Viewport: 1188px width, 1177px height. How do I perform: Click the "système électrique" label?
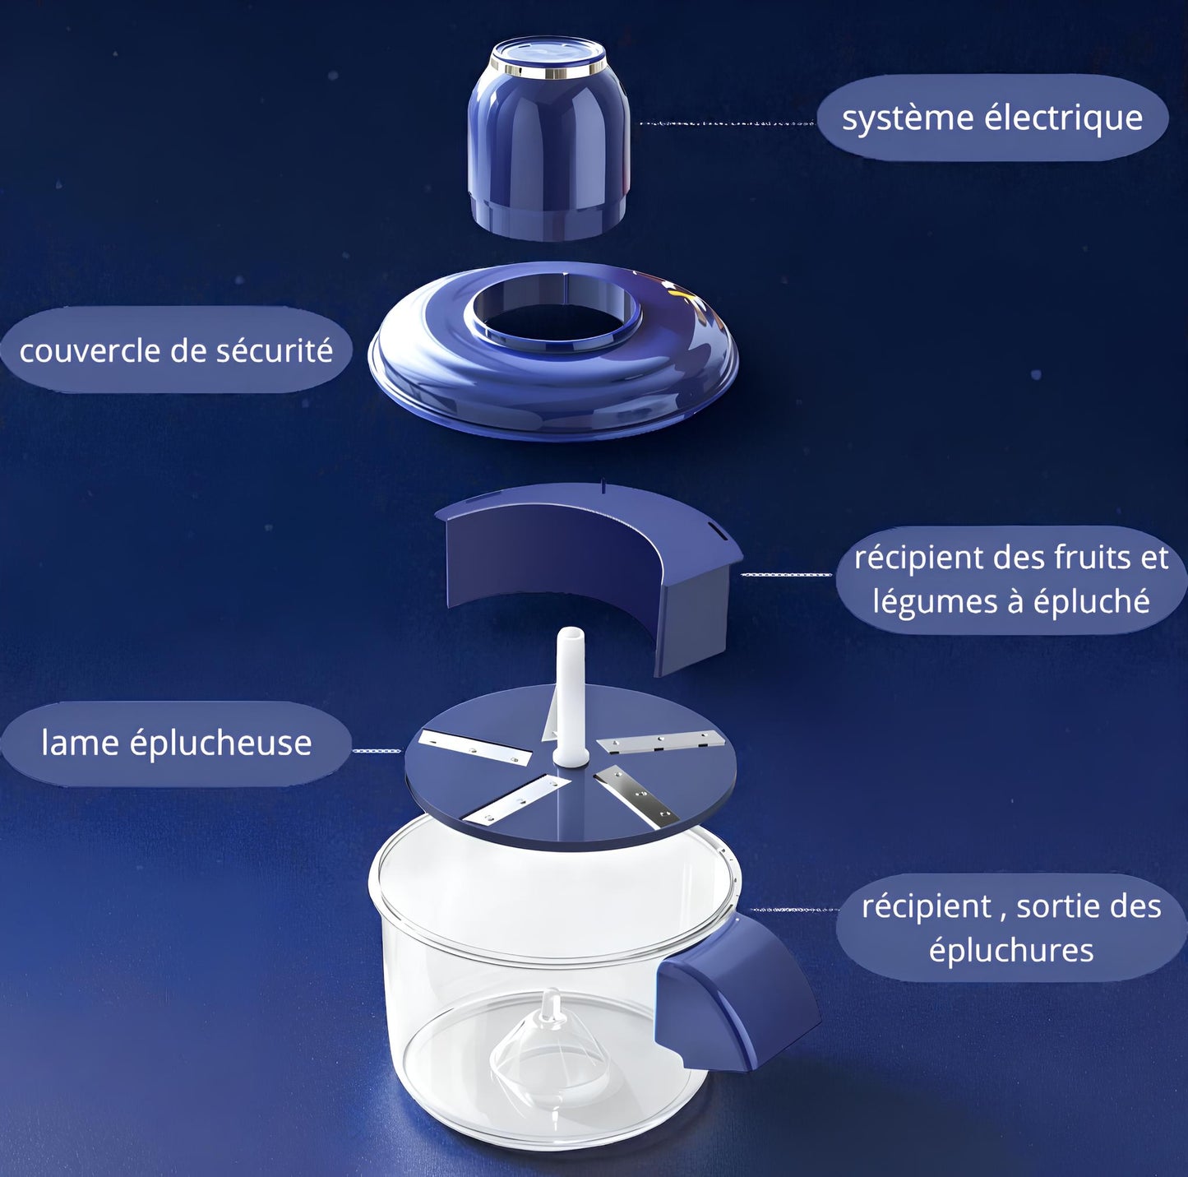(x=992, y=118)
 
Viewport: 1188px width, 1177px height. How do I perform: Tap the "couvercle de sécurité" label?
(x=176, y=350)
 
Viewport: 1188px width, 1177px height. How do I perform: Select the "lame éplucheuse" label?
(x=176, y=743)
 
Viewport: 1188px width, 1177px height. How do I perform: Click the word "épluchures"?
(x=1011, y=950)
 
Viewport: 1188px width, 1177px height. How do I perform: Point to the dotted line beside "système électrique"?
(x=727, y=123)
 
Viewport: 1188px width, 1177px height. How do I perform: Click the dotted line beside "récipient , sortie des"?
(x=793, y=911)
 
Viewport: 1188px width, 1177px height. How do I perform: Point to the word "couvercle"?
(x=90, y=351)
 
